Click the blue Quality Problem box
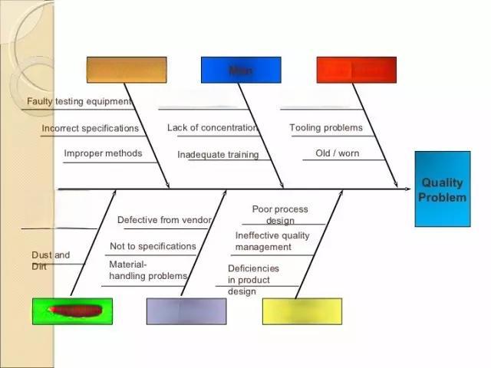point(442,189)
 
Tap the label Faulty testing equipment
point(79,101)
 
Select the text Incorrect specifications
point(91,128)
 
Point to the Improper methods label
point(103,153)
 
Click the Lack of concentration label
point(213,127)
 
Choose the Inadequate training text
point(218,155)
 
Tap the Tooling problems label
point(325,127)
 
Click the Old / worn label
point(337,153)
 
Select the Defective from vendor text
point(163,220)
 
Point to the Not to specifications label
point(153,246)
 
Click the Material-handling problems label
point(147,270)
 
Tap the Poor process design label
point(280,215)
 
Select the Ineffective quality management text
point(272,242)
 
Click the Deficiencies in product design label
point(253,280)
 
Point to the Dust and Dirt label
point(50,261)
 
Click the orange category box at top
point(127,70)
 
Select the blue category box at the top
point(241,70)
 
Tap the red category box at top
point(357,70)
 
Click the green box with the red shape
point(72,310)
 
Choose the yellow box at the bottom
point(302,310)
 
